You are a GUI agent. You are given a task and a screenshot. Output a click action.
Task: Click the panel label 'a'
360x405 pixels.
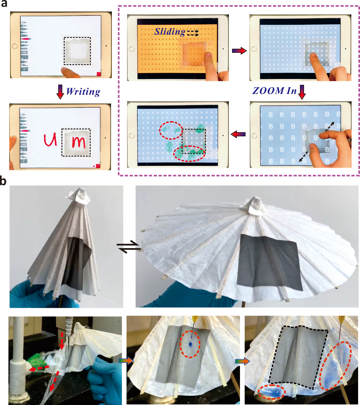[4, 4]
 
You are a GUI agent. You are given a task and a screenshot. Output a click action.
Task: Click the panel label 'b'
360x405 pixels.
[3, 181]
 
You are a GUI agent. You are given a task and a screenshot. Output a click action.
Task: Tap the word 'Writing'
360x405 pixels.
[83, 92]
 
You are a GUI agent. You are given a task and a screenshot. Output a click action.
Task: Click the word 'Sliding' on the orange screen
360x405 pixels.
[170, 32]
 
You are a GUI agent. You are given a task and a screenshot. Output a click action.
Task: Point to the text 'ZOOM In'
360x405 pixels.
[274, 91]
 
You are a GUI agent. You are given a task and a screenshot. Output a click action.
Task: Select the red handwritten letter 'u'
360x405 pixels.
[50, 140]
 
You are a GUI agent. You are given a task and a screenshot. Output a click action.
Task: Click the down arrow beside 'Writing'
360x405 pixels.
[60, 92]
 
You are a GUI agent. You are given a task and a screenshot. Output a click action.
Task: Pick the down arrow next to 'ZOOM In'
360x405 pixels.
[302, 92]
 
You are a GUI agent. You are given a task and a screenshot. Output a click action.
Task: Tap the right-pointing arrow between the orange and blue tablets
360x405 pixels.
[239, 51]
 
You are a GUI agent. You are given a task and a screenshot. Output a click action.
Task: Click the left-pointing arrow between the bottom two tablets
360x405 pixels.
[238, 134]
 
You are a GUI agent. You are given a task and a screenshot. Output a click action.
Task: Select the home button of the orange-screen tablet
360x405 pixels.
[132, 49]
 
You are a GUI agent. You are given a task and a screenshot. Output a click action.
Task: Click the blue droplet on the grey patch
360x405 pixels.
[190, 344]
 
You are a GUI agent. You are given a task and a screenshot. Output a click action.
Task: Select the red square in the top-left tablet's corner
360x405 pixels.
[99, 74]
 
